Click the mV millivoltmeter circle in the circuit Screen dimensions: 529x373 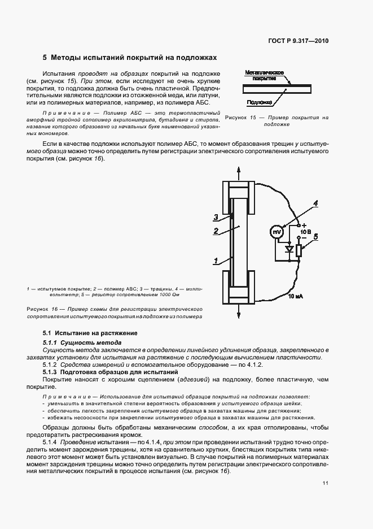(277, 232)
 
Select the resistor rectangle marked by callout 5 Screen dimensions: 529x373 (299, 249)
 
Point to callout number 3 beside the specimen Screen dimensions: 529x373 (216, 216)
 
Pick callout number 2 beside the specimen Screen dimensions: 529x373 (216, 231)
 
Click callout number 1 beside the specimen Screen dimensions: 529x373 (216, 261)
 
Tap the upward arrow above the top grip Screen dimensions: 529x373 (239, 170)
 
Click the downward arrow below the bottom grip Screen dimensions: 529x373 (239, 311)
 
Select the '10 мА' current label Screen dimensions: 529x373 (295, 296)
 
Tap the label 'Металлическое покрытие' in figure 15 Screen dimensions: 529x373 (264, 76)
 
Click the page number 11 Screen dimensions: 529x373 (326, 483)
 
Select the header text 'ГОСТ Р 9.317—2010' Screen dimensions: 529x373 (299, 41)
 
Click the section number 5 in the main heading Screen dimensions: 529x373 (45, 58)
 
